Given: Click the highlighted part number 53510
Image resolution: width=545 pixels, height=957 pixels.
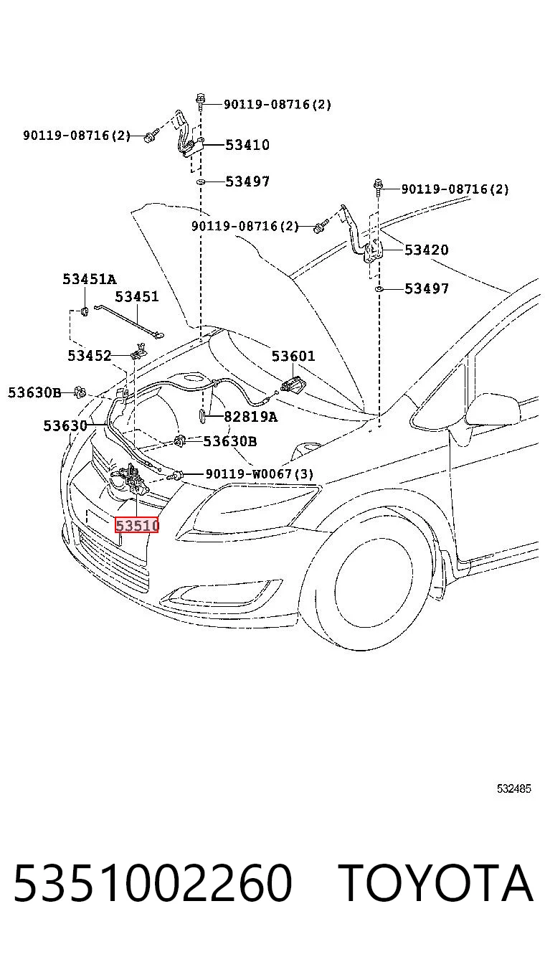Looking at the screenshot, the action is click(137, 525).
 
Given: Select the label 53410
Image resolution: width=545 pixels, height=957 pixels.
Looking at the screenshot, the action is click(247, 145).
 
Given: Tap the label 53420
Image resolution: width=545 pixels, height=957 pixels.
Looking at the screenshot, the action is click(426, 250).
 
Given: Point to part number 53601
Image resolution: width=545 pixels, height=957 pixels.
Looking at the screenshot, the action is click(293, 355).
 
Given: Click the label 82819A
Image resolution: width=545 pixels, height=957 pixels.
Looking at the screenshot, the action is click(251, 416).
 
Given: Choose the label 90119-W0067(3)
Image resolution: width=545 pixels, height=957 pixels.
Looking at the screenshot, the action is click(260, 473).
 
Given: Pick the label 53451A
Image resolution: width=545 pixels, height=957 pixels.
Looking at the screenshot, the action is click(89, 279).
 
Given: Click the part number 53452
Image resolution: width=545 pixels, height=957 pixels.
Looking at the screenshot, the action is click(89, 355).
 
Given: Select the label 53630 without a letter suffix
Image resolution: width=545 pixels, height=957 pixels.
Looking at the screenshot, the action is click(65, 425).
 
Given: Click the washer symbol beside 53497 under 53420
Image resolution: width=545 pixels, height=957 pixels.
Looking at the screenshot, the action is click(379, 289).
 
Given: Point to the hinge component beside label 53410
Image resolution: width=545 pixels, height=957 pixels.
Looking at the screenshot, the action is click(187, 135).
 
